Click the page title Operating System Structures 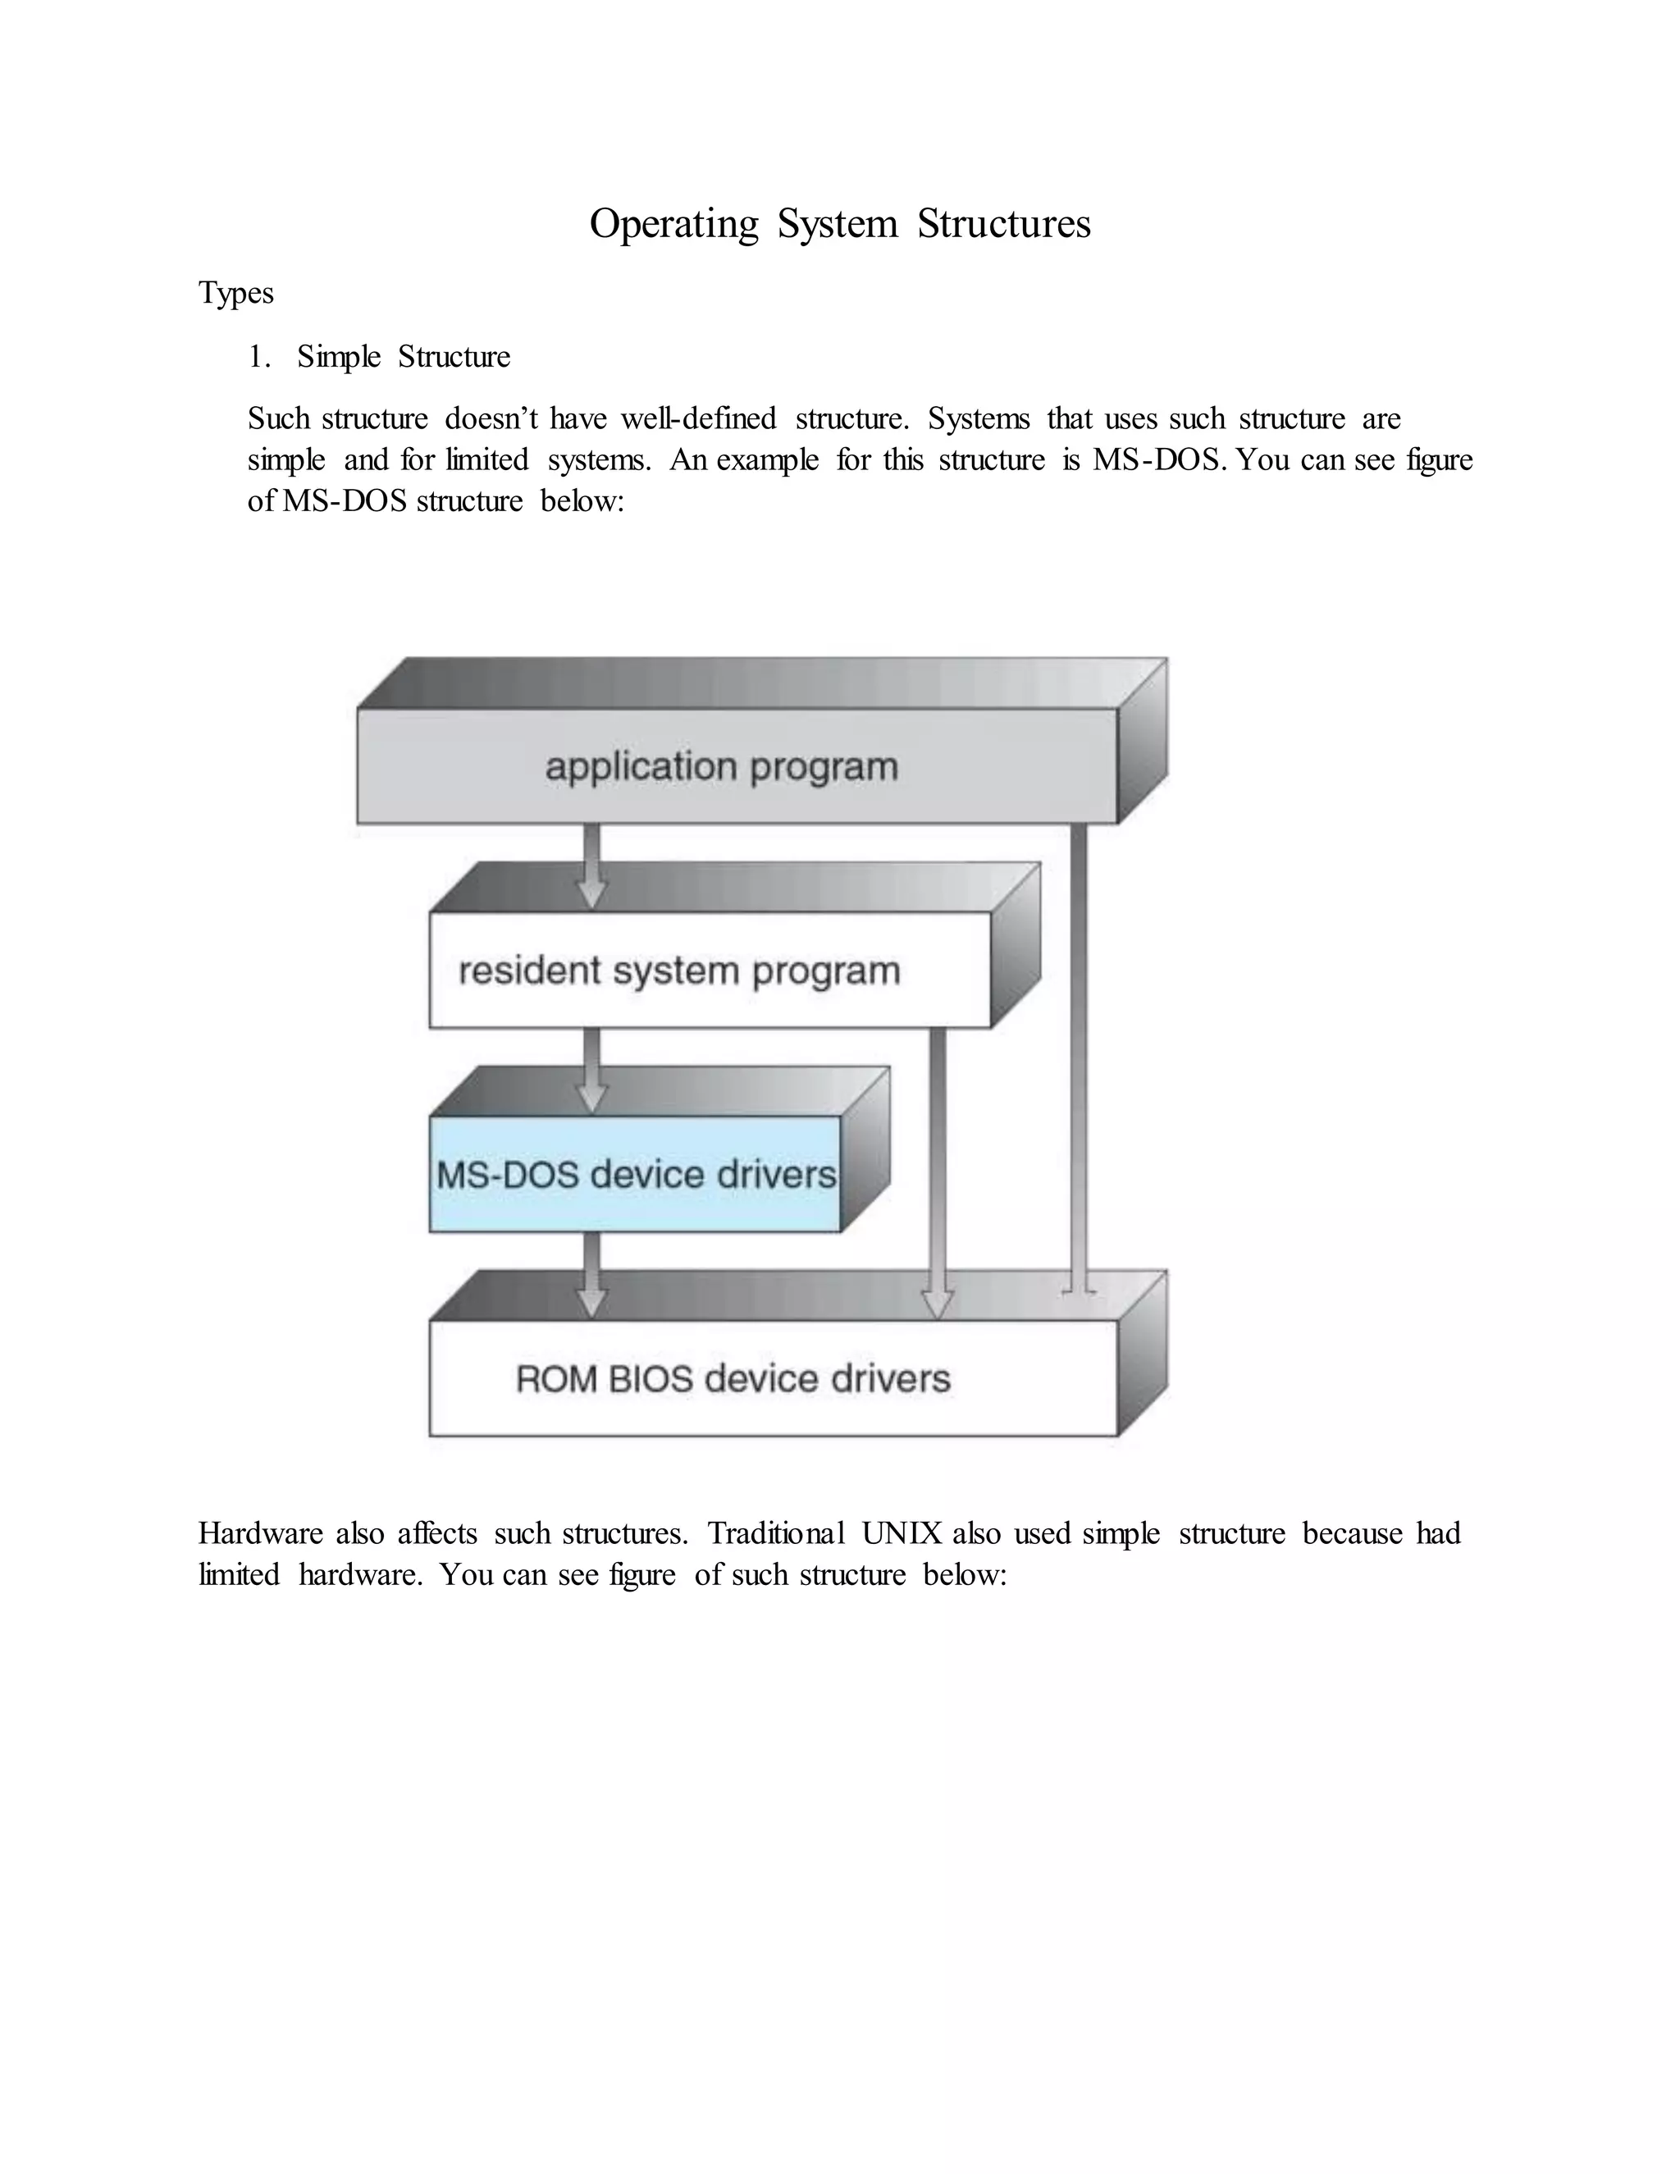[839, 224]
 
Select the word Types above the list [236, 293]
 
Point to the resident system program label [678, 971]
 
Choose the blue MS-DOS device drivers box [635, 1175]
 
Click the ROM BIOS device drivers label [733, 1379]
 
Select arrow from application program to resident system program [591, 866]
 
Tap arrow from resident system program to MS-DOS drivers [591, 1070]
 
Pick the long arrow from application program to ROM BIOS [1079, 1055]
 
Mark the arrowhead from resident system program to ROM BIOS [938, 1302]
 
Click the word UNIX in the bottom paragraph [902, 1534]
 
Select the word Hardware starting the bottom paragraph [261, 1534]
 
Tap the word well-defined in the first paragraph [699, 418]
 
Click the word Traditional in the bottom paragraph [775, 1534]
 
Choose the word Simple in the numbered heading [339, 356]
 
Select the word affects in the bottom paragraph [437, 1534]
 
